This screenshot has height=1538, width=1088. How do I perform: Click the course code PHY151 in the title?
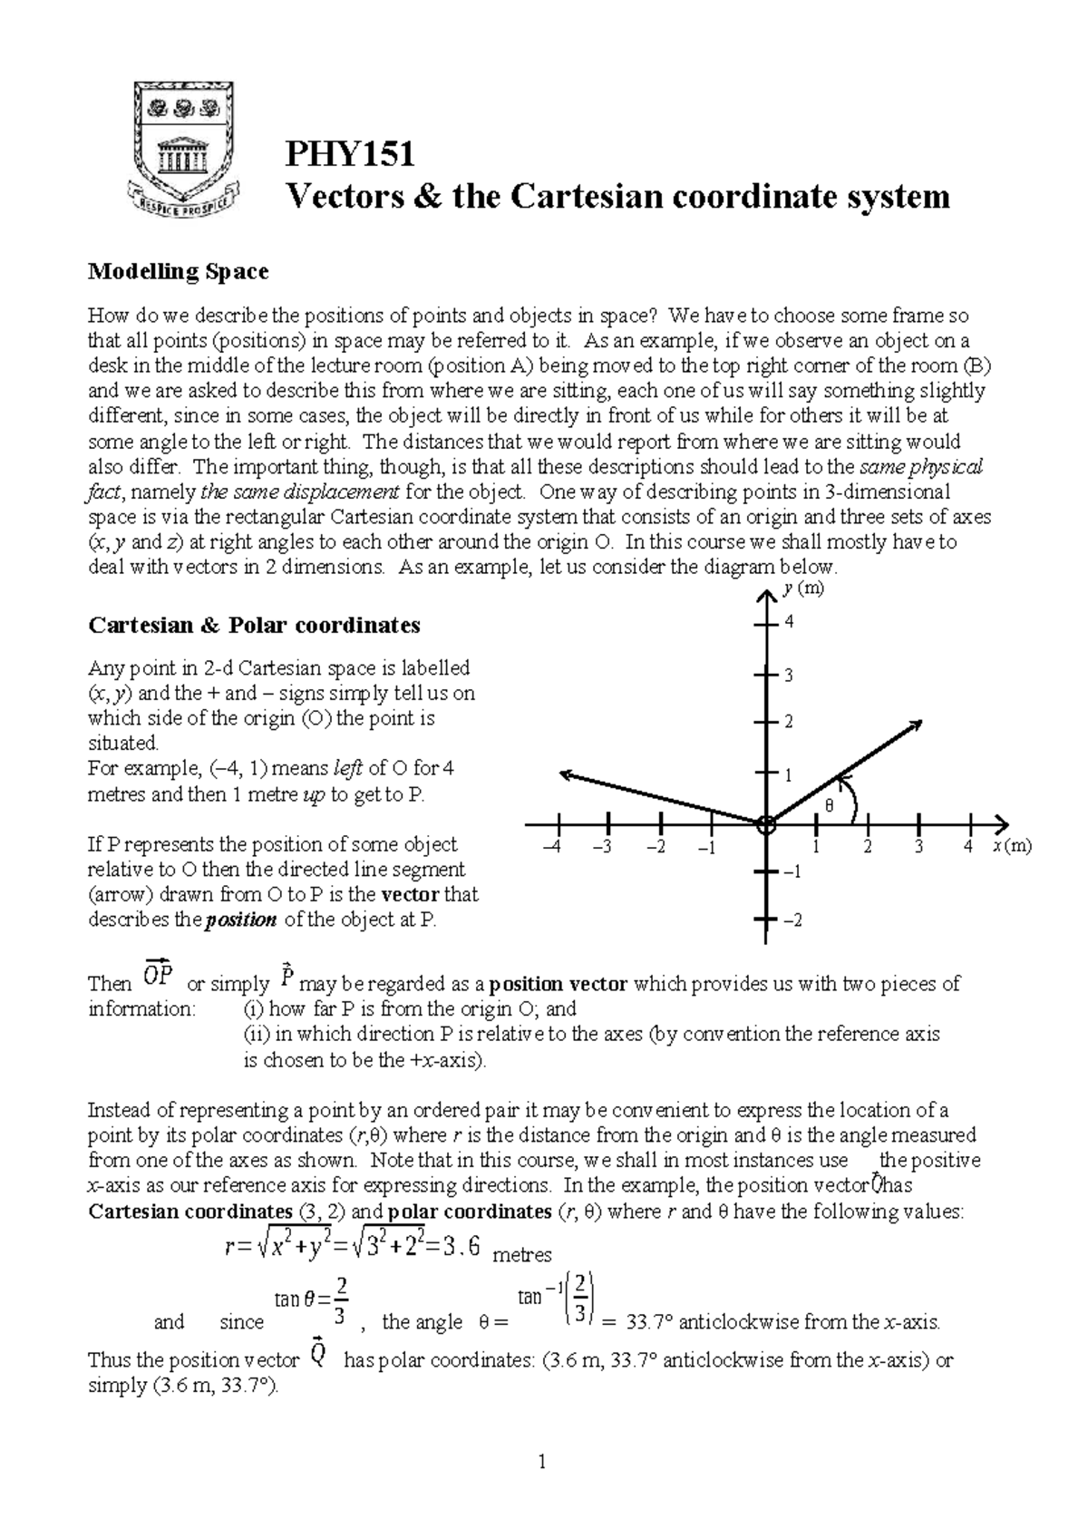(350, 154)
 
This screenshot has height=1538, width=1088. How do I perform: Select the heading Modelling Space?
(178, 271)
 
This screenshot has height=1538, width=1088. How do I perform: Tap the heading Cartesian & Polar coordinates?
(254, 625)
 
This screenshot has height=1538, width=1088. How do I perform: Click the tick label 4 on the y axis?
(789, 622)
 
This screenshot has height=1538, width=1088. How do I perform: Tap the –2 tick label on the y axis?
(792, 920)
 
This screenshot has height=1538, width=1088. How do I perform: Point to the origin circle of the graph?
(766, 825)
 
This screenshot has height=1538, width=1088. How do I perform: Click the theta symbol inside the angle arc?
(826, 805)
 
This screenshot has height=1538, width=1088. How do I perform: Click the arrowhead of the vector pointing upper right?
(916, 725)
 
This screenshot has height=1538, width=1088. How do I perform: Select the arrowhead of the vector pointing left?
(567, 774)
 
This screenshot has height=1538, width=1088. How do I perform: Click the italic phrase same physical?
(919, 467)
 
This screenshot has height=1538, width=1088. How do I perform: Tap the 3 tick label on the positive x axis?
(919, 847)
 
